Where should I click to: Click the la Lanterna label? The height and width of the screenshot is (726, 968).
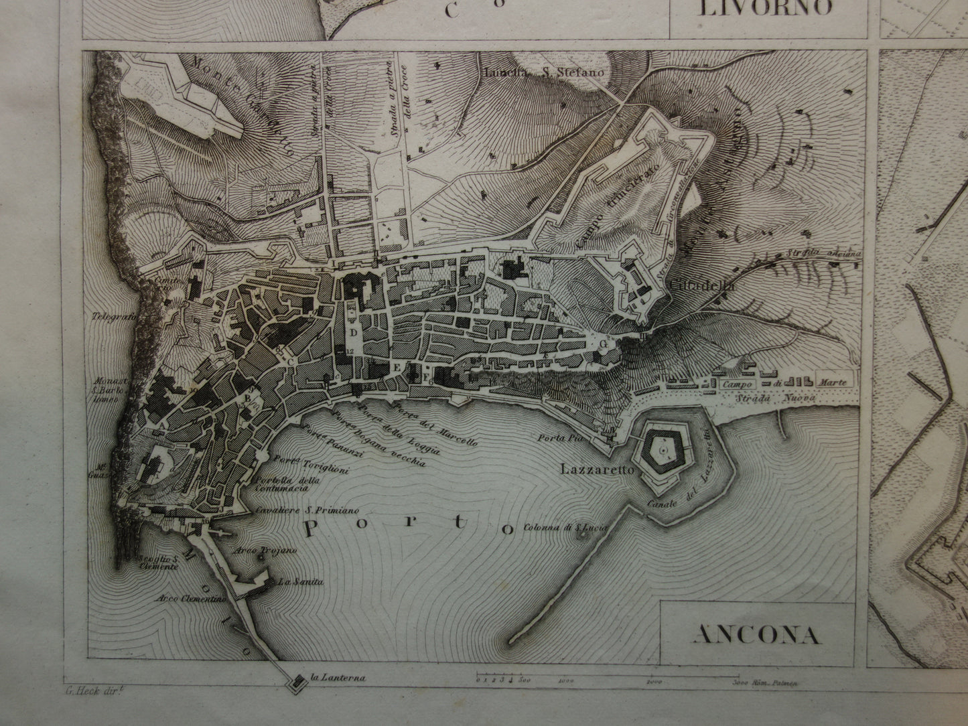point(338,677)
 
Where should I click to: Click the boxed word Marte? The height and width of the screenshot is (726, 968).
point(833,382)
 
